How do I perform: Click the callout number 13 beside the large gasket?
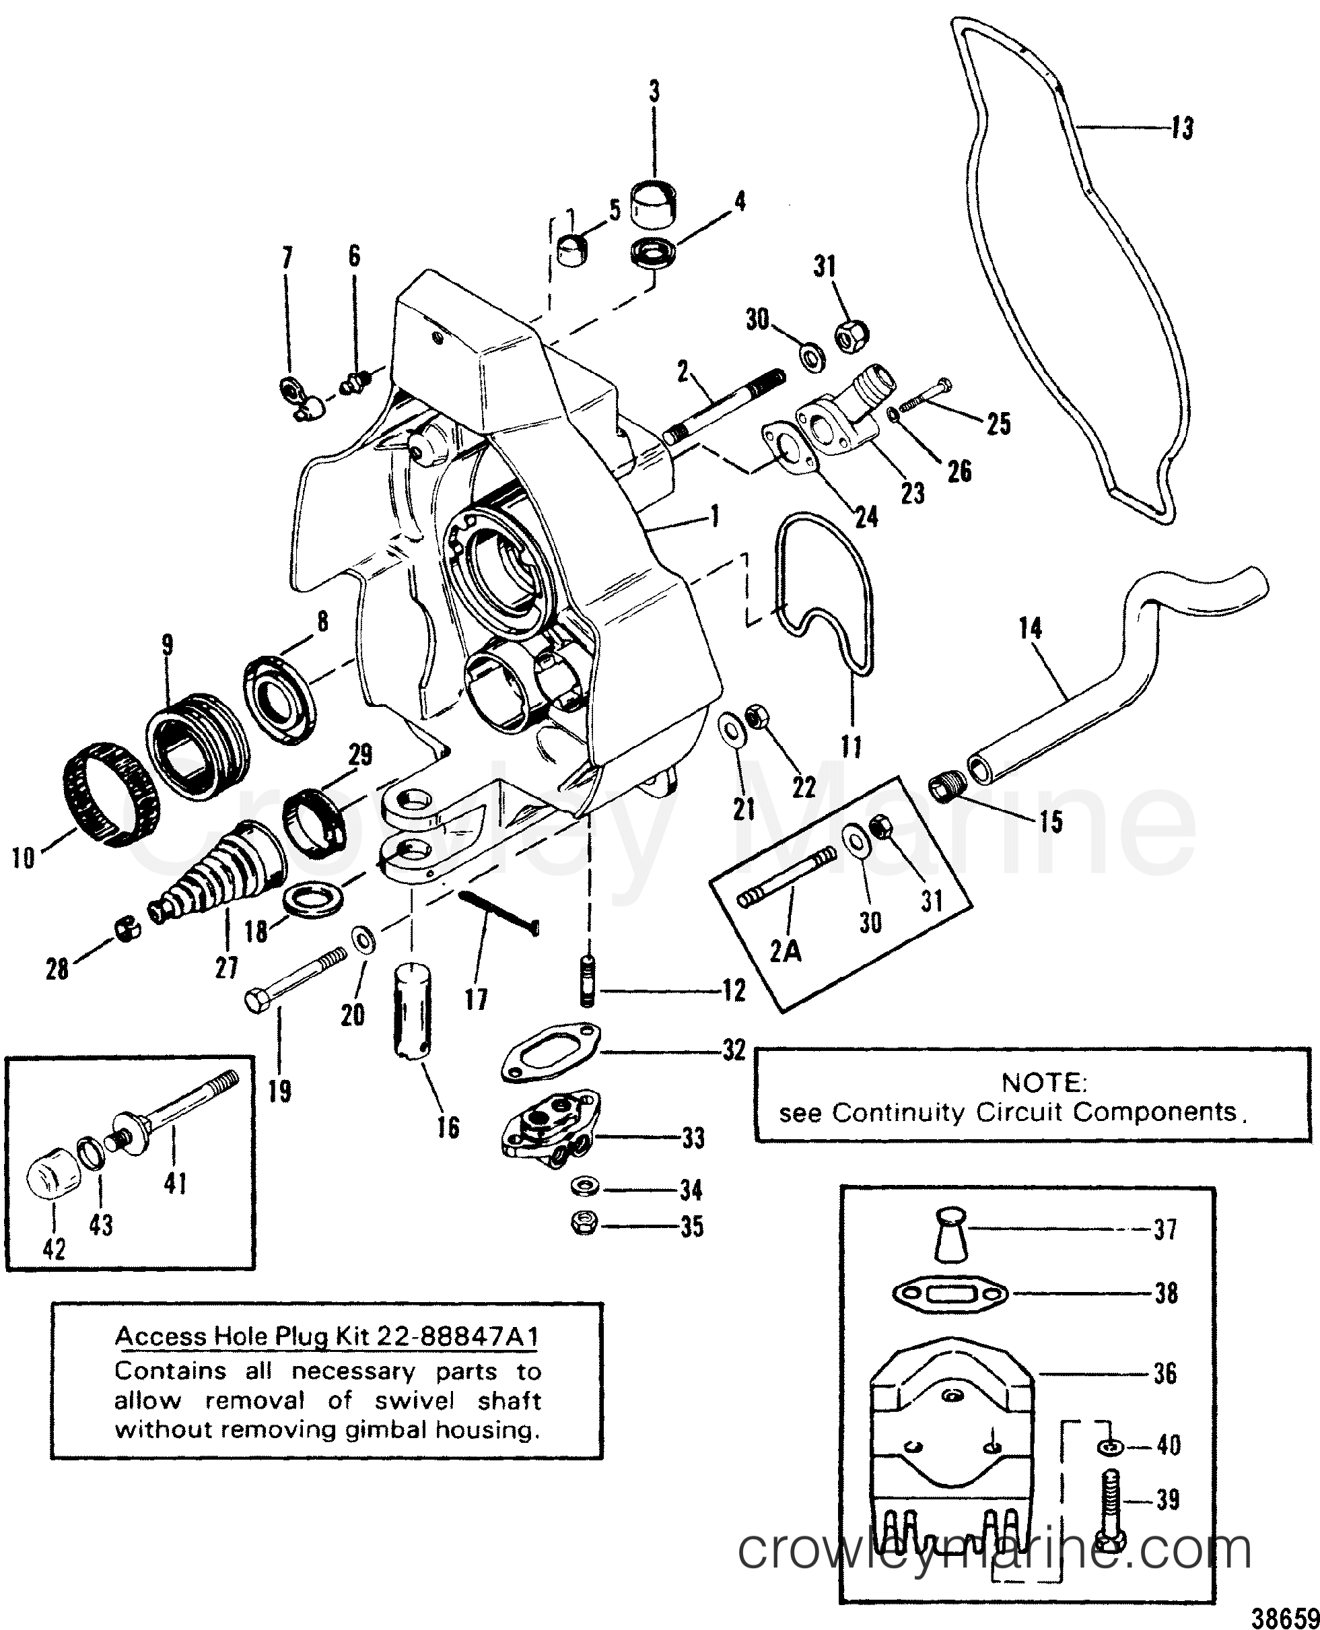1183,128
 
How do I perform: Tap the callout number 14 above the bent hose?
1031,629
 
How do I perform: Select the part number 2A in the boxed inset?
785,951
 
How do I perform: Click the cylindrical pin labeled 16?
413,1009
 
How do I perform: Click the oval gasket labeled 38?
950,1293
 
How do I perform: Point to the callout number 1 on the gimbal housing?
714,518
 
